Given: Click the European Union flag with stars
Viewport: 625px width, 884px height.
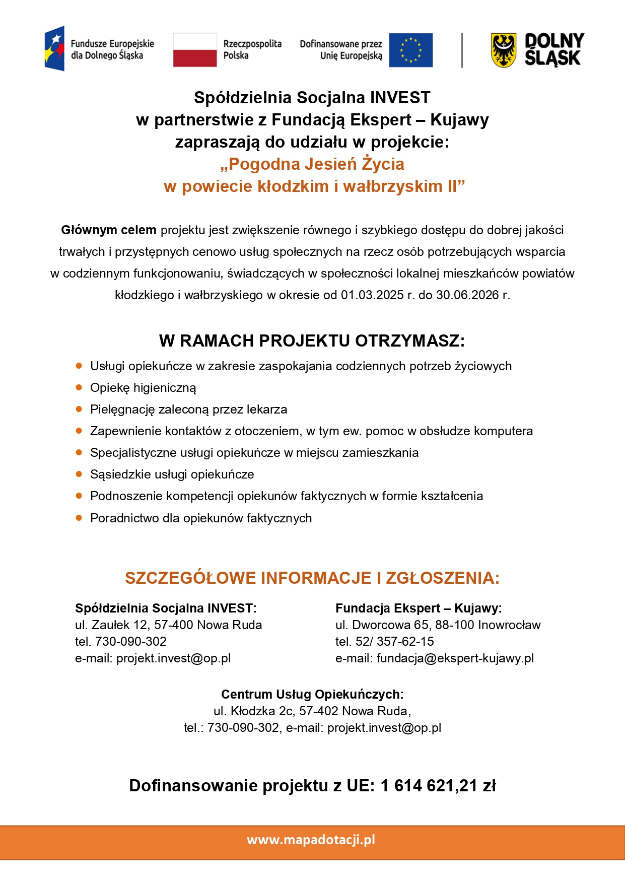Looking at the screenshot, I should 410,50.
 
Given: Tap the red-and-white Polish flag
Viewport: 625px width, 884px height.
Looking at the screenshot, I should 194,50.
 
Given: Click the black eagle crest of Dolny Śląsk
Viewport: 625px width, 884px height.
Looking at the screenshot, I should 503,50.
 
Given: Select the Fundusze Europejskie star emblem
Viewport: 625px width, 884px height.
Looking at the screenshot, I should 54,48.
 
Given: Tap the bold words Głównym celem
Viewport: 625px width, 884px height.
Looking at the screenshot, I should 108,230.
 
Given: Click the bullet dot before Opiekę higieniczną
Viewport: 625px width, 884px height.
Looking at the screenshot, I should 79,387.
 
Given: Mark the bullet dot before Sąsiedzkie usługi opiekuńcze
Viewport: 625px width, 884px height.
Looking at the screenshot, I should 79,474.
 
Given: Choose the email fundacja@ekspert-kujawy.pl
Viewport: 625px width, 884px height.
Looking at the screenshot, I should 455,658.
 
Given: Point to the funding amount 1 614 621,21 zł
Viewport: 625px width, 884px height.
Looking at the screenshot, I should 438,786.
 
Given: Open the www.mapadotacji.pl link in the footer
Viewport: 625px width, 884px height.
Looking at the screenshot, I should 311,840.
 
